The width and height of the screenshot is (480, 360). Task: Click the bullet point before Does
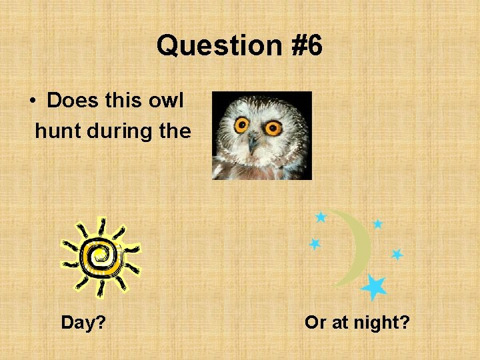click(x=32, y=101)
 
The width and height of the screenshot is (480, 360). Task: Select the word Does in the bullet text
click(x=74, y=101)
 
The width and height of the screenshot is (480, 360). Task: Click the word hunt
click(x=57, y=131)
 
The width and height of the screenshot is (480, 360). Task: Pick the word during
click(x=119, y=131)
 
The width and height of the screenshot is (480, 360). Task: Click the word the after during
click(x=175, y=131)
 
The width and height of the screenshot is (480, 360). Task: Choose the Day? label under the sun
click(x=83, y=323)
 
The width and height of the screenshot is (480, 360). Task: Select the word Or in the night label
click(x=315, y=323)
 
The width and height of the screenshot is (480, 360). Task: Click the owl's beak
click(x=253, y=143)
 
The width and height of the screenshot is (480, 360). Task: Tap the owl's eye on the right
click(x=273, y=127)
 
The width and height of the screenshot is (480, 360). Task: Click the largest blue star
click(x=374, y=287)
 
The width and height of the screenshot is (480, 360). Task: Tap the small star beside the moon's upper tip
click(x=321, y=217)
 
